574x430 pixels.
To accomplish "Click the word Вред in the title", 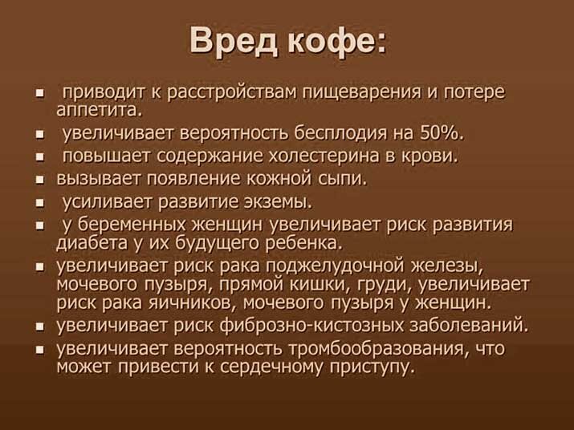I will pos(232,40).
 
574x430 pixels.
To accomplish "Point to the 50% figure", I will pos(441,132).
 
